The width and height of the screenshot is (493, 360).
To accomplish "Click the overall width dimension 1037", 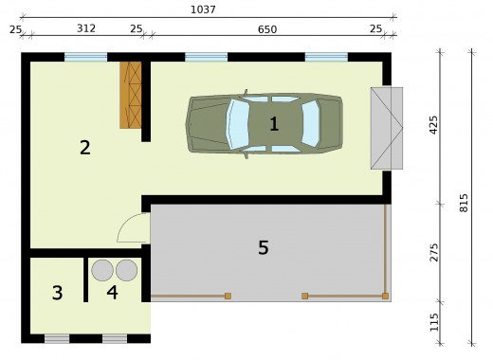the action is tap(203, 9).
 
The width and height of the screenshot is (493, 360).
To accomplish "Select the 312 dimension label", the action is tap(86, 28).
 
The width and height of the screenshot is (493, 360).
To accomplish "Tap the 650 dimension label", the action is tap(267, 29).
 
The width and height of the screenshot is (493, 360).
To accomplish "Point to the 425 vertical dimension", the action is tap(434, 125).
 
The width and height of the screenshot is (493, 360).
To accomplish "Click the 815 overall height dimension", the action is tap(464, 203).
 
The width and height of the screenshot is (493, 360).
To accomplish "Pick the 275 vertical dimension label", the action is tap(434, 252).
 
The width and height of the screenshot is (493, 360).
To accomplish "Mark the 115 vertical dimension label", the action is tap(434, 322).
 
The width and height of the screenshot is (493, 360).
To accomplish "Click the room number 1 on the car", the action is tap(274, 124).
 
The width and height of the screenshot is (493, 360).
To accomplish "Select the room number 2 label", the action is tap(85, 148).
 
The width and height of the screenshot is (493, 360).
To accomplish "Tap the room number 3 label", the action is tap(57, 293).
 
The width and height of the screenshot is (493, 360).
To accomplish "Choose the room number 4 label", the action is tap(112, 293).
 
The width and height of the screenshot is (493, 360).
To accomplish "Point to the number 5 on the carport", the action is tap(264, 247).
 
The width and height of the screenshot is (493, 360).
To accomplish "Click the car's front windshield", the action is tap(238, 124).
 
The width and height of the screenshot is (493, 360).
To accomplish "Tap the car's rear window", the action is tap(310, 124).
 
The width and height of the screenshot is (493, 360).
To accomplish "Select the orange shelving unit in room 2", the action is tap(130, 95).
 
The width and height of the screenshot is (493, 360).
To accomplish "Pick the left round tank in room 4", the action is tap(102, 270).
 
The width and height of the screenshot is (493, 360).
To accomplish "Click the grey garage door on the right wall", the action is tap(387, 128).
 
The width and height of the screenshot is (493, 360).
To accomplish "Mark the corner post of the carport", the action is tap(385, 296).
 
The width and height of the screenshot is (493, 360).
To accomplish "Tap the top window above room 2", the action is tap(86, 57).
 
